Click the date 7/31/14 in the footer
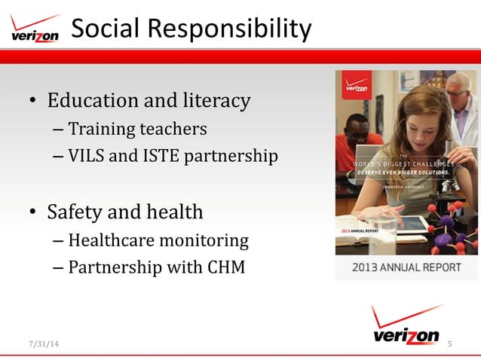pyautogui.click(x=42, y=344)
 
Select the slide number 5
pyautogui.click(x=450, y=344)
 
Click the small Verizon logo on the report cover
pyautogui.click(x=357, y=84)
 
